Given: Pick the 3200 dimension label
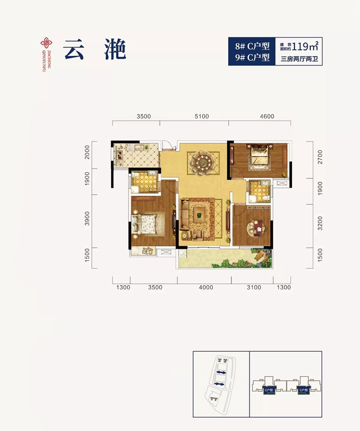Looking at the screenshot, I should point(320,223).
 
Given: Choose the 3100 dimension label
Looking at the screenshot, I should point(254,287).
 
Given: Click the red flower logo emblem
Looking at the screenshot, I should point(45,43).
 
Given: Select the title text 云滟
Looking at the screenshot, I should point(94,49).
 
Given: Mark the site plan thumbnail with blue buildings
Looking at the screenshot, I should point(220,379).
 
